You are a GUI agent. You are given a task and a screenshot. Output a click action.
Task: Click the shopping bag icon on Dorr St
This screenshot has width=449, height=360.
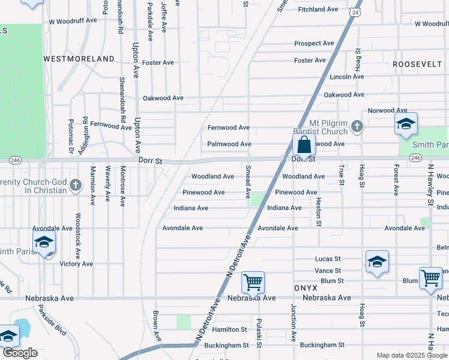pyautogui.click(x=304, y=145)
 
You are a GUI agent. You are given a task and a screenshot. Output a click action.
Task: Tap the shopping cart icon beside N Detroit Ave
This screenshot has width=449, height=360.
pyautogui.click(x=253, y=281)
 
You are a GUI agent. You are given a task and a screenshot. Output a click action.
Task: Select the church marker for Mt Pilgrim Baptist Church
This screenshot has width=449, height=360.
pyautogui.click(x=357, y=126)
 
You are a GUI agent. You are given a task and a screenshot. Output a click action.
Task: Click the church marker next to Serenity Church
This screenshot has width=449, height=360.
pyautogui.click(x=75, y=185)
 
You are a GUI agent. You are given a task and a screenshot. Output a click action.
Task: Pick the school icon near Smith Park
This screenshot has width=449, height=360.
pyautogui.click(x=406, y=124)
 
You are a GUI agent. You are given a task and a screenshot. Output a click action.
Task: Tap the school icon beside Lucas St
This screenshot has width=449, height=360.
pyautogui.click(x=377, y=262)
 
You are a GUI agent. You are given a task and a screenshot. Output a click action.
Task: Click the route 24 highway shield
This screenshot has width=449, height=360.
pyautogui.click(x=356, y=12)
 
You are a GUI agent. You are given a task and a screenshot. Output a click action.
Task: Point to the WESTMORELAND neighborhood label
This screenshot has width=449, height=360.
pyautogui.click(x=79, y=59)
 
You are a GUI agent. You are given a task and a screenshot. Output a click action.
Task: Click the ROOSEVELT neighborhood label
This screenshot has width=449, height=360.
pyautogui.click(x=421, y=64)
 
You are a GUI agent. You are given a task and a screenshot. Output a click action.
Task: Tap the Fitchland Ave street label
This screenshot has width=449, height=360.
pyautogui.click(x=318, y=10)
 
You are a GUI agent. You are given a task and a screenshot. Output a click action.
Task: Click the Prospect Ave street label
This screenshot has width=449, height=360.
pyautogui.click(x=314, y=43)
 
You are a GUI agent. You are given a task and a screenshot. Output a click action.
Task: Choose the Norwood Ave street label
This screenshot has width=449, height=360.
pyautogui.click(x=387, y=110)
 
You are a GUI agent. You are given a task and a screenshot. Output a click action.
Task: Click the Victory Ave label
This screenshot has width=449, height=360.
pyautogui.click(x=76, y=263)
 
